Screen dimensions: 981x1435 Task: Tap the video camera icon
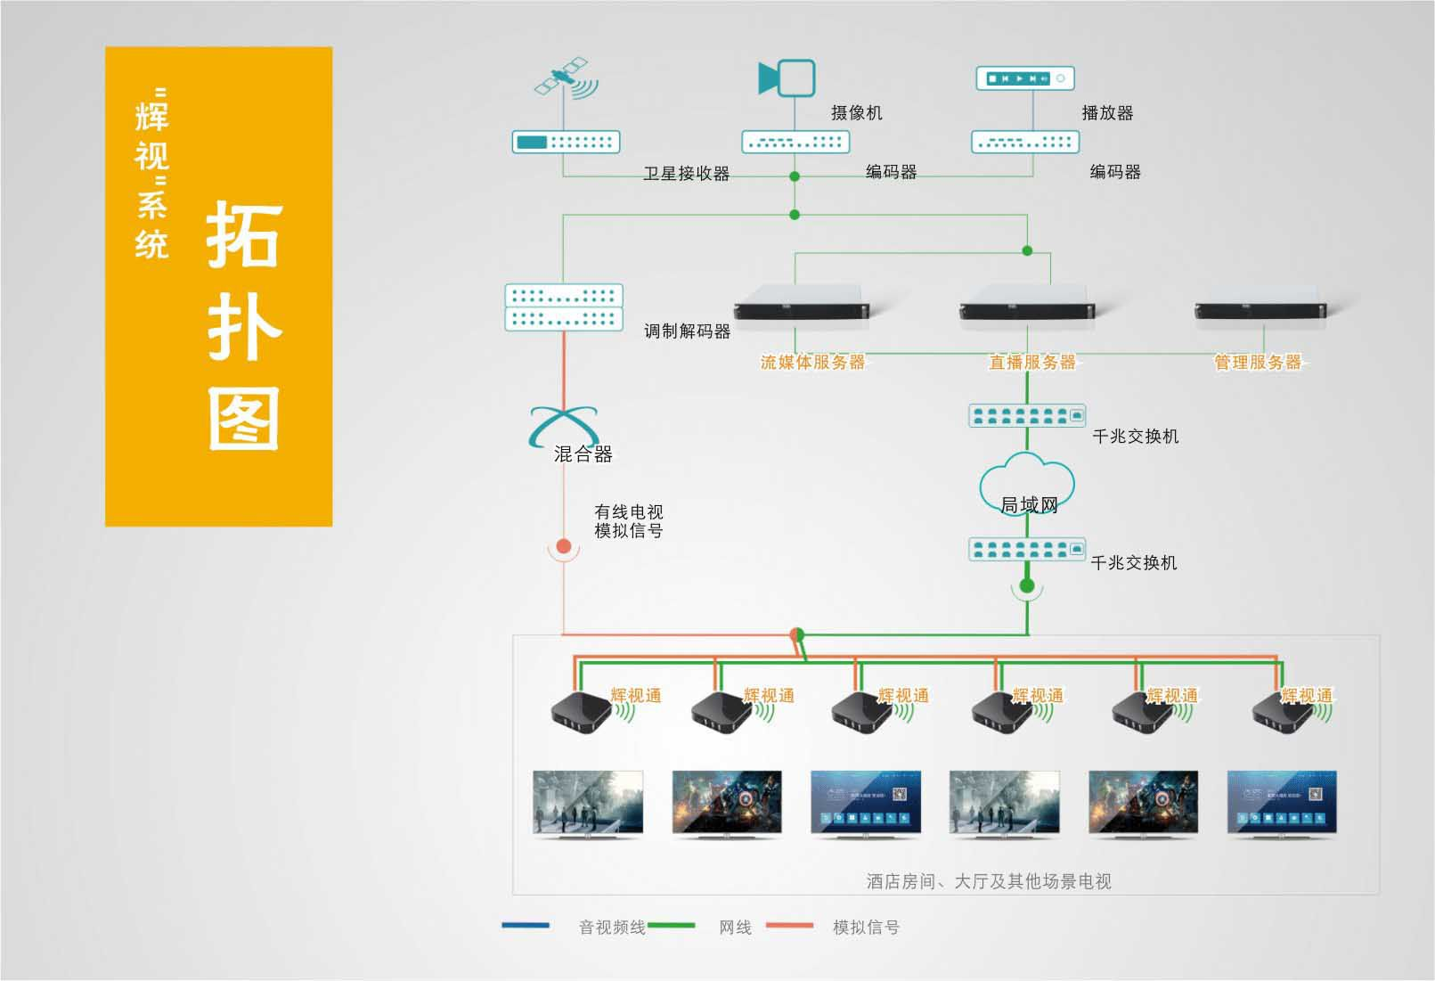[787, 78]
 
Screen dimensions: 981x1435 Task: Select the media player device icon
[1025, 78]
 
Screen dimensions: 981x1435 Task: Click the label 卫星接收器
[686, 174]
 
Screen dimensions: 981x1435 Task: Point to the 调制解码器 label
[687, 331]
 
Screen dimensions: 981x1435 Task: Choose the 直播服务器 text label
[1032, 363]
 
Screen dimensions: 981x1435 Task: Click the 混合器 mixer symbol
[564, 426]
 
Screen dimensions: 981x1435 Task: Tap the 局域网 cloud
[1027, 486]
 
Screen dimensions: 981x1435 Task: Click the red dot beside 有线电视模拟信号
[563, 546]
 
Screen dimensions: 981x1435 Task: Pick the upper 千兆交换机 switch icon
[1027, 415]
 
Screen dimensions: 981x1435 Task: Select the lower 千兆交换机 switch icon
[1027, 549]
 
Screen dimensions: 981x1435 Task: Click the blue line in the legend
[526, 926]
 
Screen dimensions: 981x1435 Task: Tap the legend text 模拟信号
[866, 928]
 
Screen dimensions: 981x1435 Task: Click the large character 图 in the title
[243, 418]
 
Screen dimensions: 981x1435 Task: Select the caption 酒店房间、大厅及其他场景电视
[989, 881]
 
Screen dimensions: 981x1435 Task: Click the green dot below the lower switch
[1027, 586]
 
